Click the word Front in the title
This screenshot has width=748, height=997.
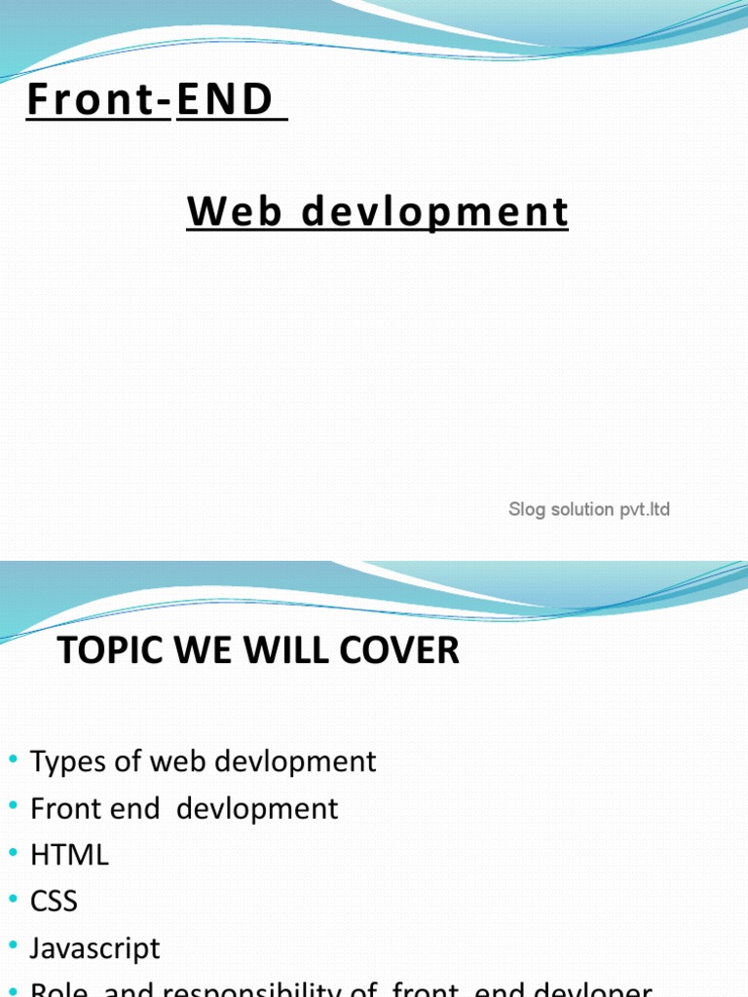click(x=91, y=100)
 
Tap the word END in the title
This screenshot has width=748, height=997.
click(x=225, y=100)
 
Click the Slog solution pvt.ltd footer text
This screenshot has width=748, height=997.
click(x=589, y=509)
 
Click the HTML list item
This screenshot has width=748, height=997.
click(x=69, y=856)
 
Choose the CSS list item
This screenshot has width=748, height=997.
click(x=54, y=902)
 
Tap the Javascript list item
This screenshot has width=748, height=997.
click(x=95, y=948)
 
